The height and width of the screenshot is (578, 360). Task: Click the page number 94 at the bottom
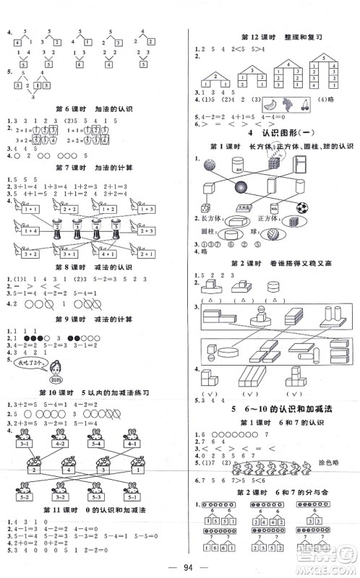(x=180, y=565)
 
